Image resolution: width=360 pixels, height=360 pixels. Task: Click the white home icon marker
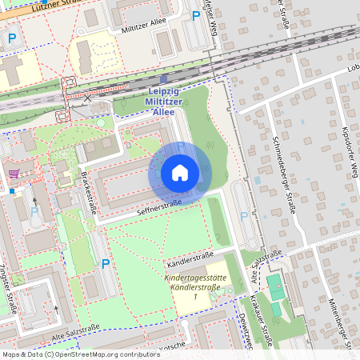pyautogui.click(x=179, y=173)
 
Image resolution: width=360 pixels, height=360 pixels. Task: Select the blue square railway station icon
pyautogui.click(x=164, y=79)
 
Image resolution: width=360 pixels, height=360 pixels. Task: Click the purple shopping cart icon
pyautogui.click(x=14, y=172)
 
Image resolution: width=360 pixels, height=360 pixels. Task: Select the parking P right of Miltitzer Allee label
pyautogui.click(x=195, y=15)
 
